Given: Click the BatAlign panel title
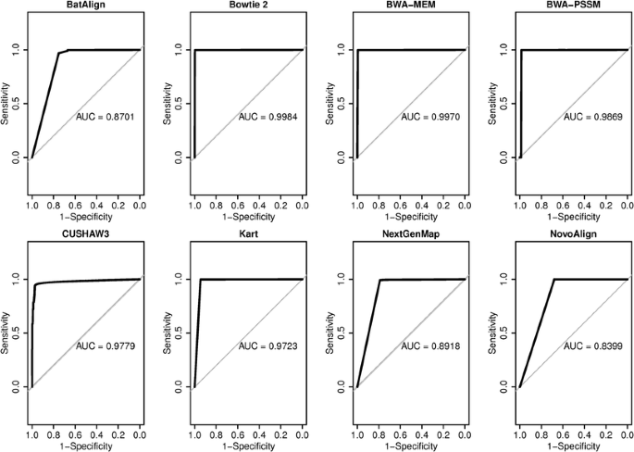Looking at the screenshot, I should tap(85, 6).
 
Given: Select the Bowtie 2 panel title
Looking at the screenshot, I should tap(248, 6).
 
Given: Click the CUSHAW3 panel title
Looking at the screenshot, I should tap(85, 237).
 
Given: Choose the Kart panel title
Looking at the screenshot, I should tap(248, 237).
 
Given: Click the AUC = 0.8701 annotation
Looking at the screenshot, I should tap(106, 117).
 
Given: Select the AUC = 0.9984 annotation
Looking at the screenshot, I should tap(269, 117).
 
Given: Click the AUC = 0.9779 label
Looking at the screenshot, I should tap(106, 346).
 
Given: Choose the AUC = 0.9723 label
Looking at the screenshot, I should tap(269, 346).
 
